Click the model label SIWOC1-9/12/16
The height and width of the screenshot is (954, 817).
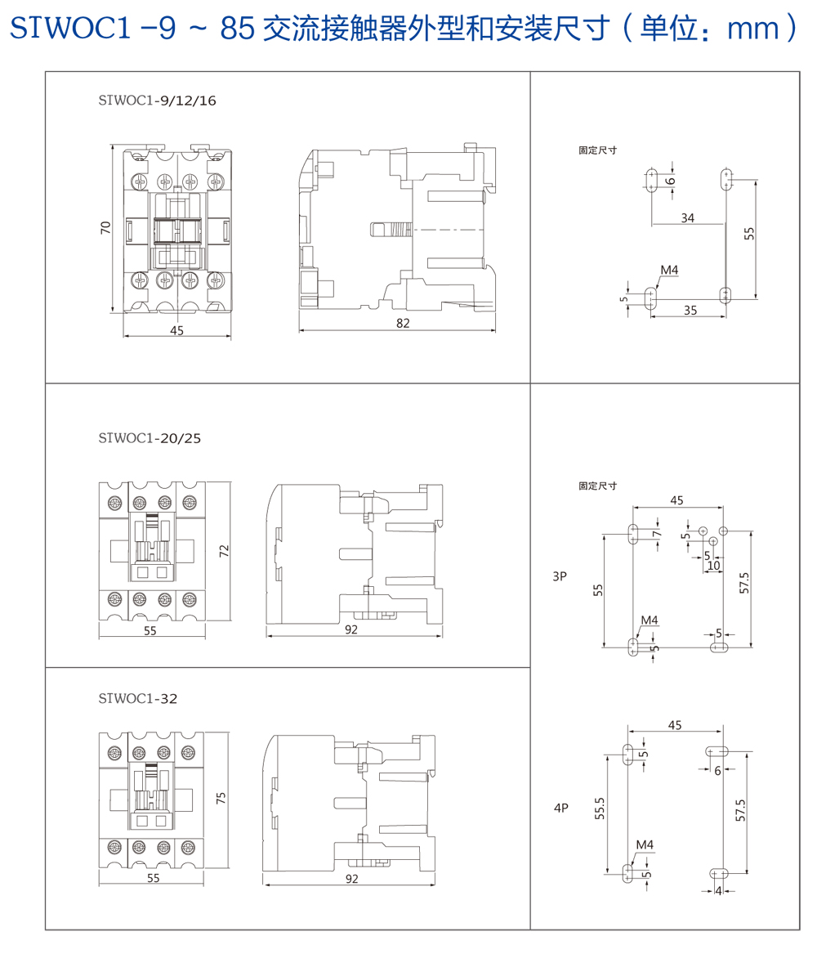pyautogui.click(x=157, y=101)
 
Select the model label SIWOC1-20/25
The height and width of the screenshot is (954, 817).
pyautogui.click(x=149, y=438)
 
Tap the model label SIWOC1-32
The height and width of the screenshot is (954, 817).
pyautogui.click(x=137, y=699)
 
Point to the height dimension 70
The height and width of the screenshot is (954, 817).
pyautogui.click(x=105, y=228)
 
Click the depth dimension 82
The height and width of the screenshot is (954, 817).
pyautogui.click(x=403, y=323)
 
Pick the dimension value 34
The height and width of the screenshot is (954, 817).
pyautogui.click(x=687, y=217)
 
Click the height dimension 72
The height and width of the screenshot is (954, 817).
pyautogui.click(x=224, y=551)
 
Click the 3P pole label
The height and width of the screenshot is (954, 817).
pyautogui.click(x=560, y=576)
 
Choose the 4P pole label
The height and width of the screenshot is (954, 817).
pyautogui.click(x=560, y=808)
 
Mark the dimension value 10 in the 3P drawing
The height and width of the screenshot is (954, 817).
pyautogui.click(x=713, y=565)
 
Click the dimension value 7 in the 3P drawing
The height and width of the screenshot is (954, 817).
pyautogui.click(x=655, y=534)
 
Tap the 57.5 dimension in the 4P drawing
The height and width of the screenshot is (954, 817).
pyautogui.click(x=740, y=810)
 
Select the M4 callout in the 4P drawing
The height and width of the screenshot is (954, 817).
pyautogui.click(x=645, y=844)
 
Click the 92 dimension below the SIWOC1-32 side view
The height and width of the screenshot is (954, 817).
pyautogui.click(x=352, y=879)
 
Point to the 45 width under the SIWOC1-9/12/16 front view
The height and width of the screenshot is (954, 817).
pyautogui.click(x=177, y=330)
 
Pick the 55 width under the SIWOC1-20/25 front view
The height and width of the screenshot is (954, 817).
pyautogui.click(x=150, y=630)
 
